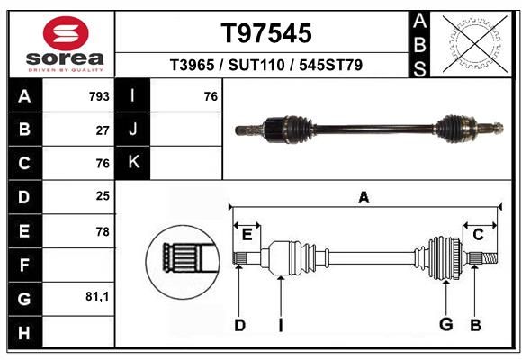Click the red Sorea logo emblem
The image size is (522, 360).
pyautogui.click(x=66, y=33)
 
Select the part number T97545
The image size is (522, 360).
pyautogui.click(x=266, y=33)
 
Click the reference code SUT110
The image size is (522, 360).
pyautogui.click(x=256, y=65)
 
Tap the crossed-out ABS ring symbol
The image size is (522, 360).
pyautogui.click(x=475, y=43)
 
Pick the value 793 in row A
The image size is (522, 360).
pyautogui.click(x=99, y=96)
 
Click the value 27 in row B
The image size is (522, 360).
pyautogui.click(x=103, y=130)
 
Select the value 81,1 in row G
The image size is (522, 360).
pyautogui.click(x=97, y=296)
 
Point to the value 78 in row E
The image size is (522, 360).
pyautogui.click(x=103, y=232)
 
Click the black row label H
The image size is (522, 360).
pyautogui.click(x=25, y=332)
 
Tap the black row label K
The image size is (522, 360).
pyautogui.click(x=132, y=163)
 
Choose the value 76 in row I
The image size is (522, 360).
pyautogui.click(x=211, y=96)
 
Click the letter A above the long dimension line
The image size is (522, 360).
pyautogui.click(x=364, y=198)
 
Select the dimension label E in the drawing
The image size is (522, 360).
pyautogui.click(x=247, y=235)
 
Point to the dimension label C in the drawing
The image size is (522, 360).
pyautogui.click(x=478, y=235)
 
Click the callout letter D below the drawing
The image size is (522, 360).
pyautogui.click(x=239, y=325)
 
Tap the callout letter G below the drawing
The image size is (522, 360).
pyautogui.click(x=446, y=324)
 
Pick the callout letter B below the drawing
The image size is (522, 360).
pyautogui.click(x=476, y=325)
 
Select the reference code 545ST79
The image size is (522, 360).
pyautogui.click(x=330, y=65)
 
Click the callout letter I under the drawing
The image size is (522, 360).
pyautogui.click(x=281, y=325)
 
